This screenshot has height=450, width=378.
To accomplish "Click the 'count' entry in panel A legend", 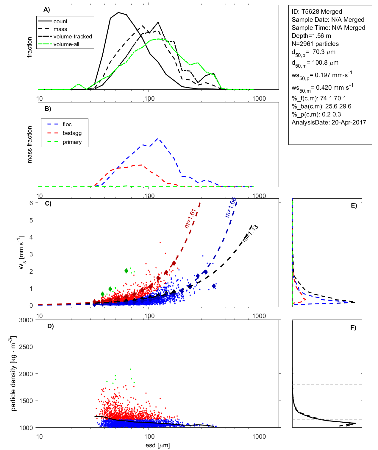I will (x=60, y=21).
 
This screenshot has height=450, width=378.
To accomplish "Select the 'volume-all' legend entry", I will (x=66, y=44).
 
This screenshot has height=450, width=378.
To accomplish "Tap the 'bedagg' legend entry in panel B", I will (x=72, y=133).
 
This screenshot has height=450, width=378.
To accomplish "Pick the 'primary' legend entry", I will (x=72, y=142).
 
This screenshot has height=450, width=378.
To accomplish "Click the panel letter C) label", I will (x=48, y=204).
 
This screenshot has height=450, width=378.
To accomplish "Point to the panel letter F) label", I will (x=353, y=328).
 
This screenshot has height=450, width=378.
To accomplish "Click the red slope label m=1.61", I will (x=190, y=219).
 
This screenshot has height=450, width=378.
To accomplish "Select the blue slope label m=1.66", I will (x=231, y=207).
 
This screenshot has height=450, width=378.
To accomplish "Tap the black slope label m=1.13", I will (x=250, y=234).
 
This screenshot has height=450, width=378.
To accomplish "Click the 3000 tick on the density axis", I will (x=26, y=320).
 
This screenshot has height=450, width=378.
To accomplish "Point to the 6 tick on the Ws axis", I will (x=31, y=203).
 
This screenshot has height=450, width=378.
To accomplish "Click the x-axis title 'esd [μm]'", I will (x=157, y=446).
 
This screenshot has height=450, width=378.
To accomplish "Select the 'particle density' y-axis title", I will (x=13, y=373).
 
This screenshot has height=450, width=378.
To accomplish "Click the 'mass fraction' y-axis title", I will (x=30, y=144).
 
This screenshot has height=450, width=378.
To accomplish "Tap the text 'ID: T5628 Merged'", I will (x=317, y=12).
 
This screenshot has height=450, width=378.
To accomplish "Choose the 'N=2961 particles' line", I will (x=315, y=44).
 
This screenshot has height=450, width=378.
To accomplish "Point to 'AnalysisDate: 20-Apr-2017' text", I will (x=329, y=122).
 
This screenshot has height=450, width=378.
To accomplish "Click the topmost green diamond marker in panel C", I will (x=126, y=271).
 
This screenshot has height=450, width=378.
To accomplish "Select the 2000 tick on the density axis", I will (x=26, y=374).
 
